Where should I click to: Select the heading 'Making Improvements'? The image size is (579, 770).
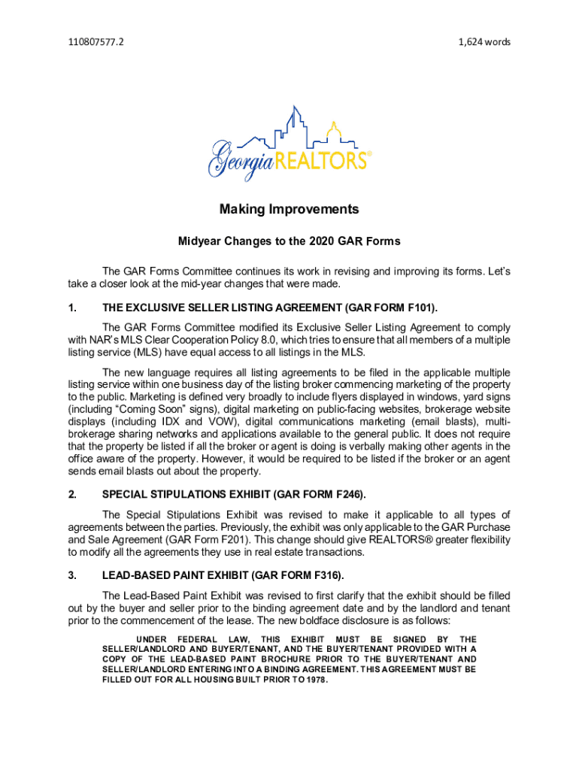click(x=289, y=209)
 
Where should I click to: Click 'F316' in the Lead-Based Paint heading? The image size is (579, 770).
click(x=325, y=576)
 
